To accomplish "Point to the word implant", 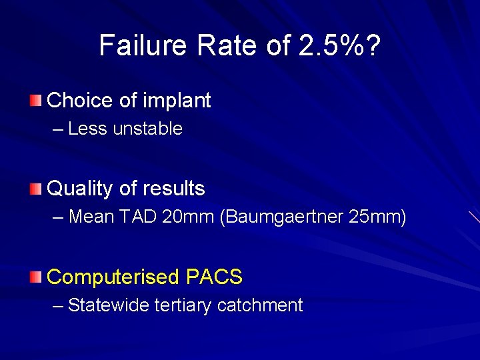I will pyautogui.click(x=176, y=101).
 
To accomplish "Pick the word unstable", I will pyautogui.click(x=147, y=129).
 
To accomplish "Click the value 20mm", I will pyautogui.click(x=192, y=217).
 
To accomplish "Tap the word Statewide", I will pyautogui.click(x=109, y=305).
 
